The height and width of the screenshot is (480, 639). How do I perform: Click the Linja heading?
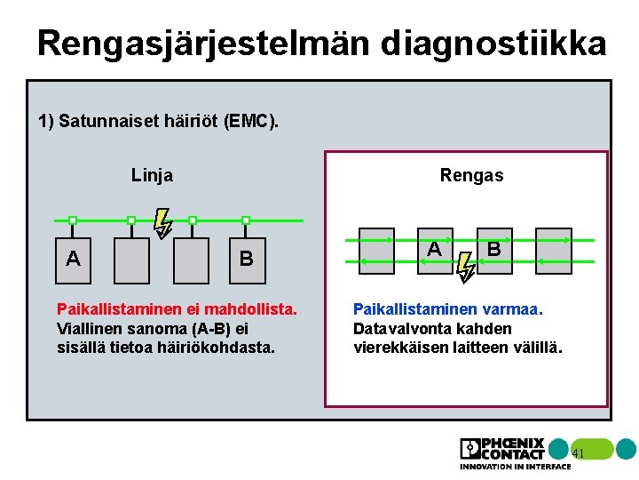pyautogui.click(x=152, y=175)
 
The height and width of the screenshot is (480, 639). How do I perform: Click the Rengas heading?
pyautogui.click(x=471, y=175)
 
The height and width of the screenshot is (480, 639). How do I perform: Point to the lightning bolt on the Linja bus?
pyautogui.click(x=162, y=223)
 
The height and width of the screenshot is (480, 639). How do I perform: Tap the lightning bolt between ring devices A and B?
pyautogui.click(x=465, y=265)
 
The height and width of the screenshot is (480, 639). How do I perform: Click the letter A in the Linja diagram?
pyautogui.click(x=75, y=259)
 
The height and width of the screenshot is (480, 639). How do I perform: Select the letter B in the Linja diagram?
pyautogui.click(x=247, y=259)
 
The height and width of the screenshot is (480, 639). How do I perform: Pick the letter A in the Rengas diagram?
pyautogui.click(x=433, y=249)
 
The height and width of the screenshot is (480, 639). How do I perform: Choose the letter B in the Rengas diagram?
pyautogui.click(x=493, y=249)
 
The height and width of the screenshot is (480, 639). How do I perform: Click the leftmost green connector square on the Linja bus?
pyautogui.click(x=74, y=220)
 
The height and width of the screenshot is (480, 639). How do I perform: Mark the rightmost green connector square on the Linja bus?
pyautogui.click(x=246, y=220)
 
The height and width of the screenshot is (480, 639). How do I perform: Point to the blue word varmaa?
pyautogui.click(x=512, y=309)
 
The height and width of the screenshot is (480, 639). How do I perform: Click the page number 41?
pyautogui.click(x=578, y=453)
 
